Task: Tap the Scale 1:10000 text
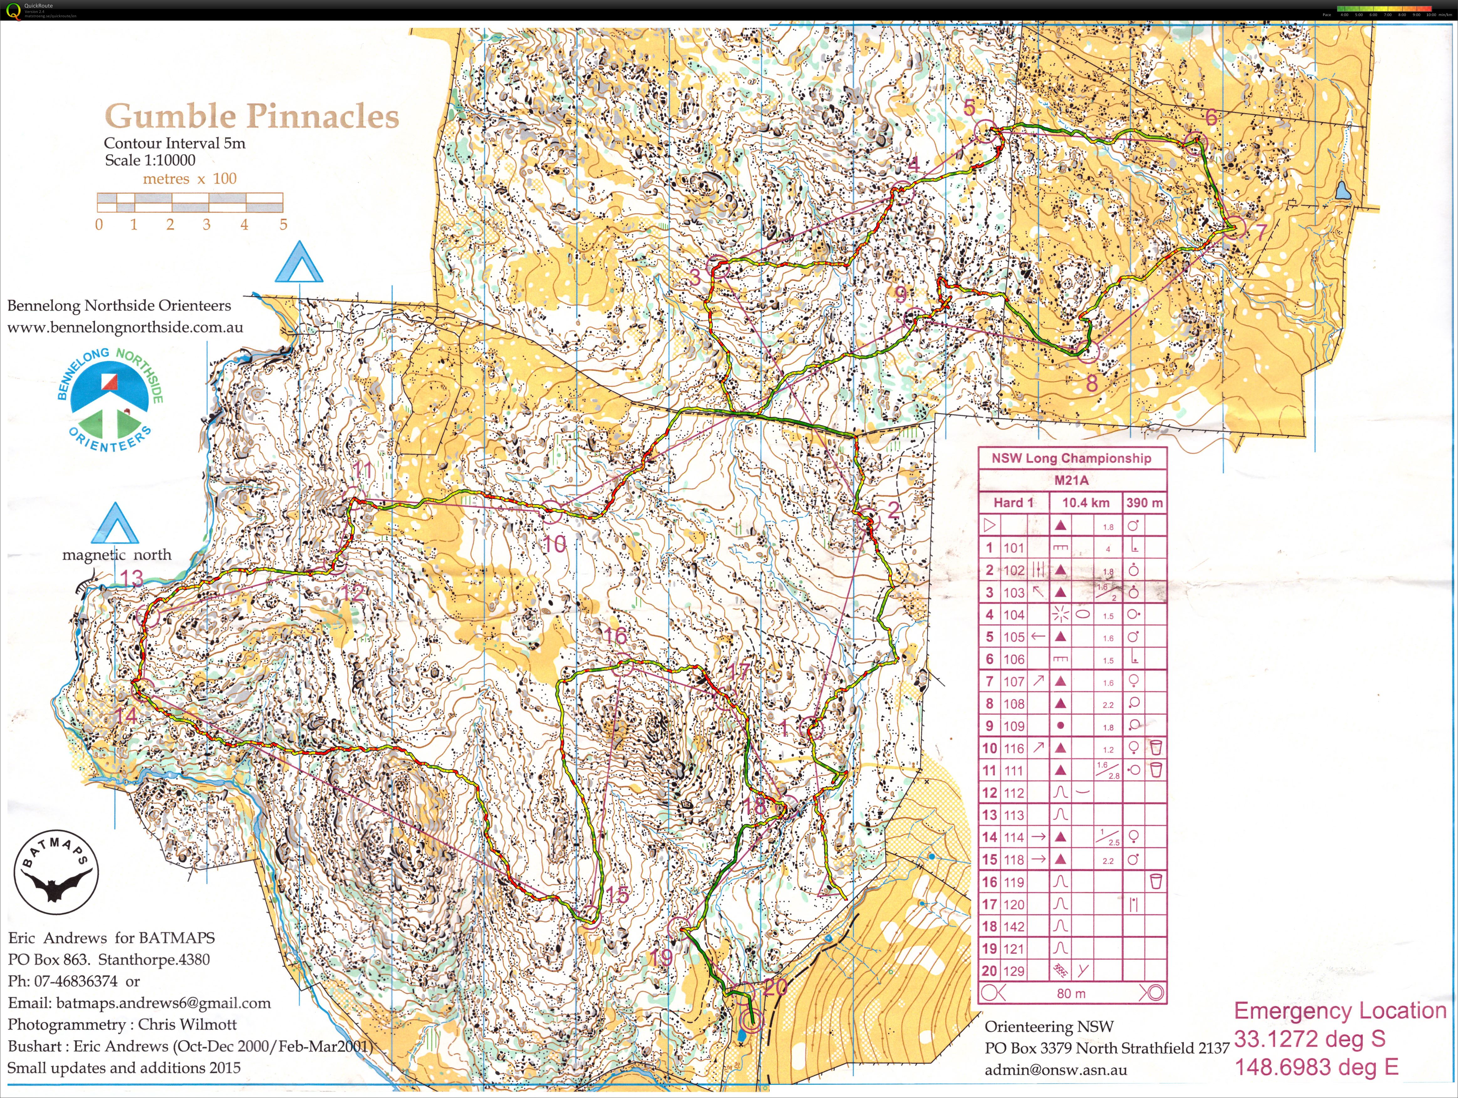pyautogui.click(x=150, y=160)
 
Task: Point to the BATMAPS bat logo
pyautogui.click(x=57, y=872)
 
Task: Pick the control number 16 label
pyautogui.click(x=616, y=636)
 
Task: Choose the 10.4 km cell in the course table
pyautogui.click(x=1086, y=503)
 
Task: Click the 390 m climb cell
pyautogui.click(x=1144, y=503)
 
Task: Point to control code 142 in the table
pyautogui.click(x=1014, y=927)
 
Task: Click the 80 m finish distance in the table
pyautogui.click(x=1071, y=993)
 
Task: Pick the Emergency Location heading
pyautogui.click(x=1339, y=1010)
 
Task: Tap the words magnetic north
pyautogui.click(x=117, y=555)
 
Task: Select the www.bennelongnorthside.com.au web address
pyautogui.click(x=125, y=328)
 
